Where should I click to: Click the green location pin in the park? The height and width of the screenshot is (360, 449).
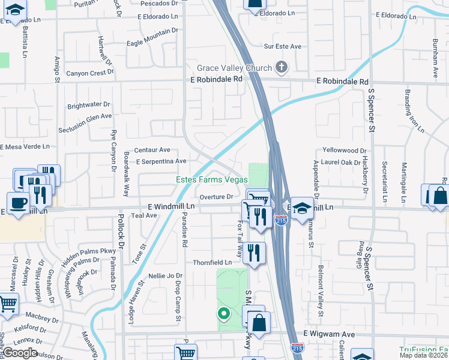pos(223,313)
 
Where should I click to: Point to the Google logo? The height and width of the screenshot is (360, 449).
pos(20,353)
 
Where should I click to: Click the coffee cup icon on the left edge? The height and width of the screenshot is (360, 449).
pos(18,202)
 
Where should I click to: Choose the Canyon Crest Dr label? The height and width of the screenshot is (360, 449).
pos(89,73)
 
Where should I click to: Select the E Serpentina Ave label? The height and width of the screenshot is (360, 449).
pos(161,161)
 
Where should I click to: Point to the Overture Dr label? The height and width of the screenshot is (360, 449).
pos(216,196)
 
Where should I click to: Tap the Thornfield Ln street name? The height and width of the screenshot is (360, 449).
pos(212,263)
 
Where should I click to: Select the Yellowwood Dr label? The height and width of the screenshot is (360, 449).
pos(344,151)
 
